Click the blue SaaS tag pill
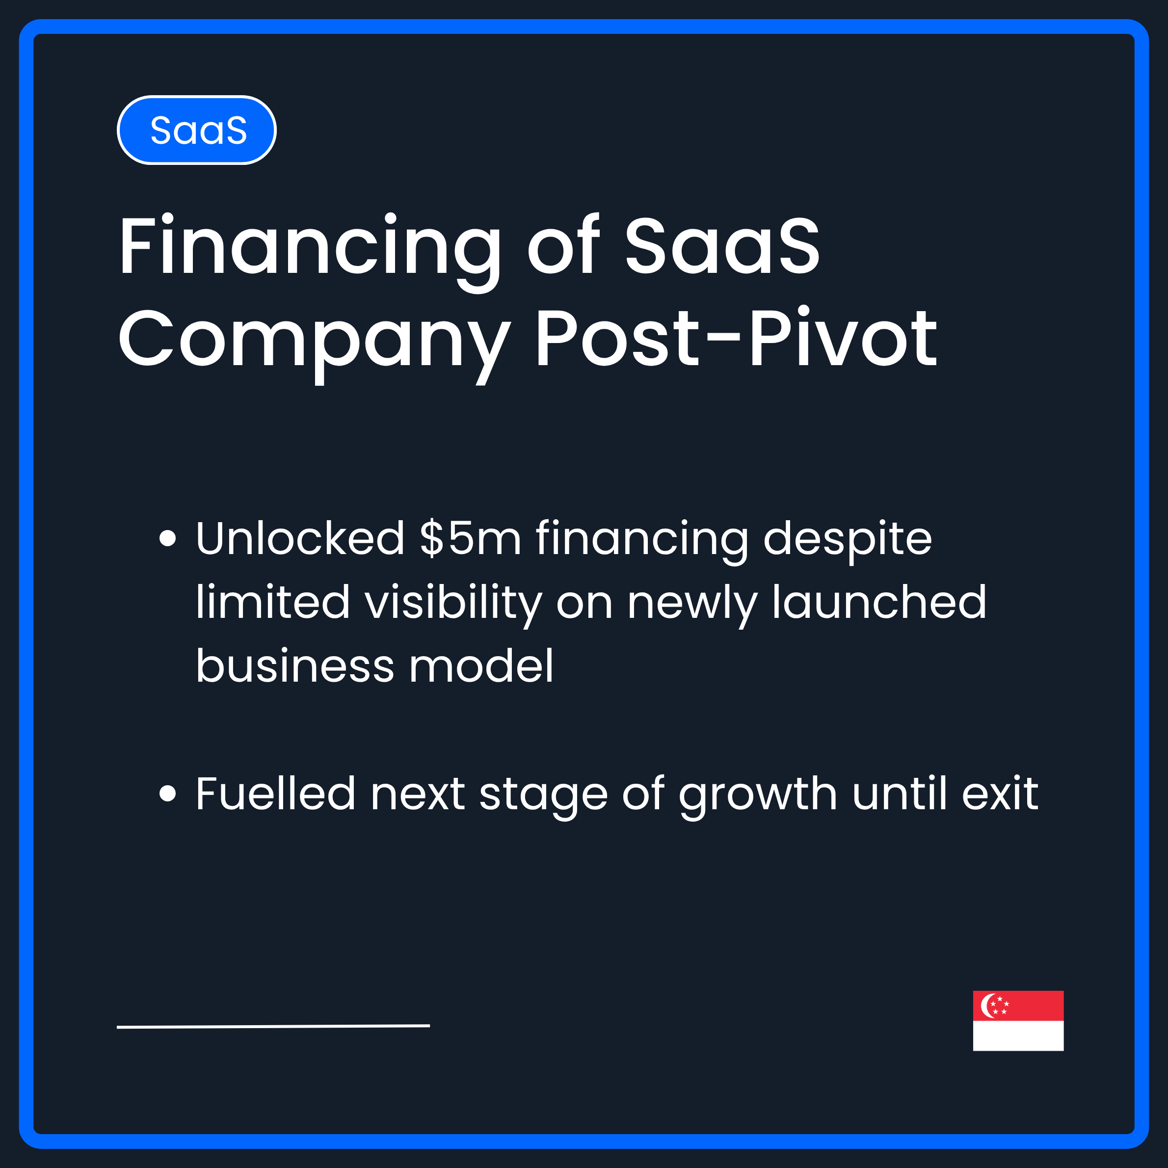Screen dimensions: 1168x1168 (x=196, y=130)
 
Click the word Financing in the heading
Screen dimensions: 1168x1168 (x=310, y=248)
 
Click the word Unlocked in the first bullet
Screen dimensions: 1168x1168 (x=300, y=538)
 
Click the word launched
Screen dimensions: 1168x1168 (x=879, y=602)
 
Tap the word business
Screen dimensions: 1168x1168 (x=295, y=666)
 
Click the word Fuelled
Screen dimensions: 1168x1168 (x=275, y=794)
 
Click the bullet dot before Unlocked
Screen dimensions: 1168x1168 (x=167, y=538)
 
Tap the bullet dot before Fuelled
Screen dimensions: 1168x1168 (x=167, y=794)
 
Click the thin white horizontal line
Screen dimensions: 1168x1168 (x=273, y=1027)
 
